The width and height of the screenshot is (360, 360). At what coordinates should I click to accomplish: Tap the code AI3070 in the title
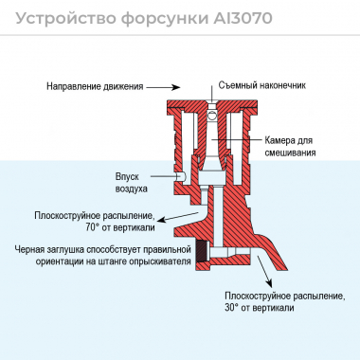click(x=261, y=17)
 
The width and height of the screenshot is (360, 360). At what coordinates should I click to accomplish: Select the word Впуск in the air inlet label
click(x=127, y=175)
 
